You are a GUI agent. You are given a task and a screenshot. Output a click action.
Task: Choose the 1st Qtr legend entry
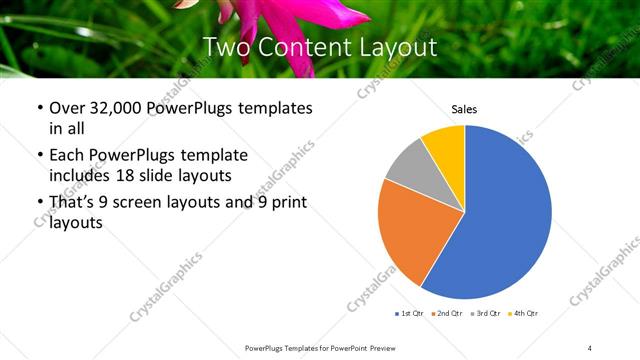tap(411, 314)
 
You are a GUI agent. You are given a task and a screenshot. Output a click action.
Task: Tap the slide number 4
tap(590, 347)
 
